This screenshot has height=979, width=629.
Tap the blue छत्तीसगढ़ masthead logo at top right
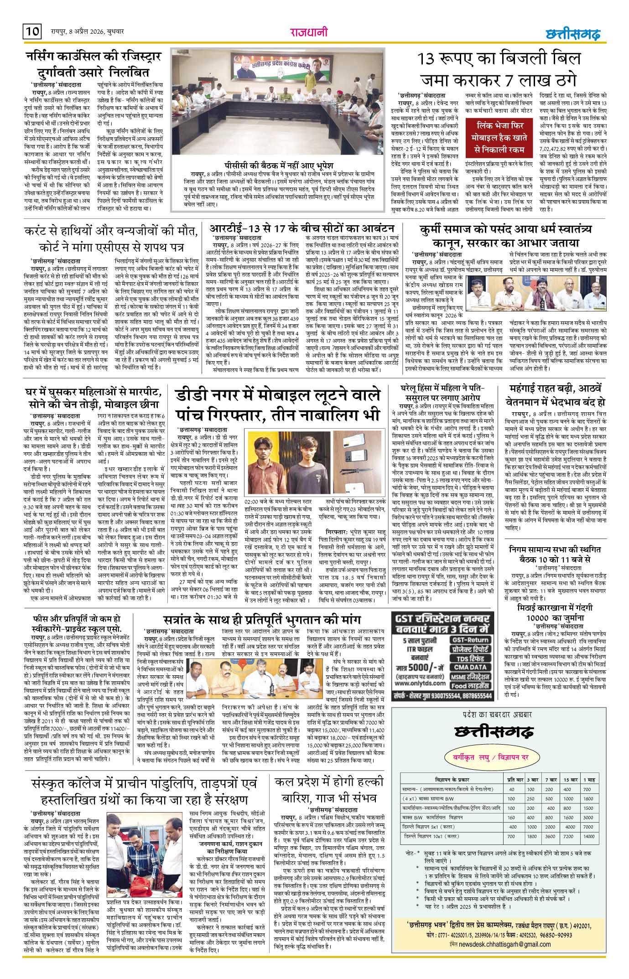[572, 34]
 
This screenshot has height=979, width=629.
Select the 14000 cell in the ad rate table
[589, 836]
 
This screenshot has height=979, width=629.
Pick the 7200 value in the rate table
[568, 836]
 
